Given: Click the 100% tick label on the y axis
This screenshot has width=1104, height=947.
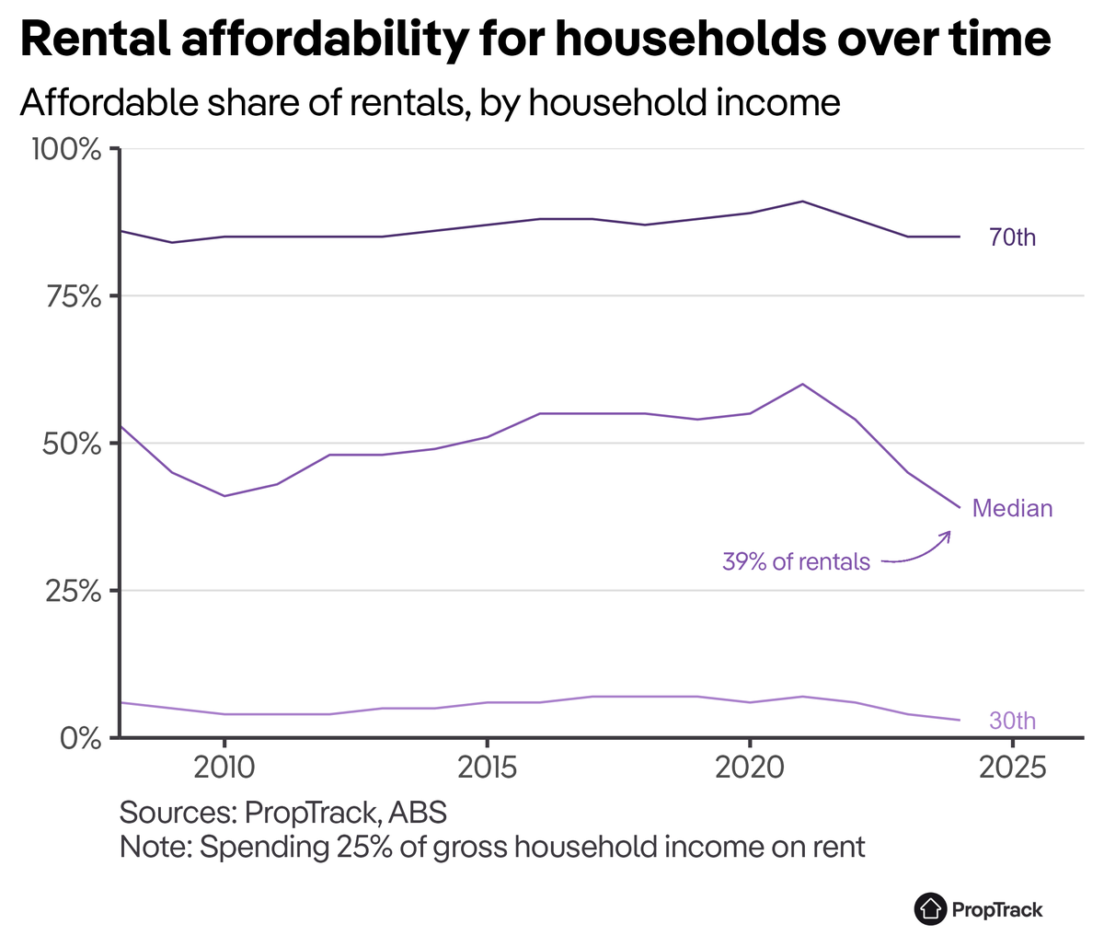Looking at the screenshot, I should point(66,149).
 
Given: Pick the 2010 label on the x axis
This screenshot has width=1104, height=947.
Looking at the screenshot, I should point(224,767).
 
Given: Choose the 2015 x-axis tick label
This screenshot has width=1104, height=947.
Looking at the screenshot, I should point(487,767).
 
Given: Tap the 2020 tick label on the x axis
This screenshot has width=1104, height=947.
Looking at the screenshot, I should point(750,767).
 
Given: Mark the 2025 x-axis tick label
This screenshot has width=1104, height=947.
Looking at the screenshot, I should point(1012,767).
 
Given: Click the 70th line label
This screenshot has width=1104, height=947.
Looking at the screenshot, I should point(1012,237).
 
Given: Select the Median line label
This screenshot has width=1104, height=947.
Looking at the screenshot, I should point(1012,508).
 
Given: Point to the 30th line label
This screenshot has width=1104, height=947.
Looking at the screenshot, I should point(1012,721).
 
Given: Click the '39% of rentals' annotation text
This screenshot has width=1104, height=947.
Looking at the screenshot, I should point(796,561).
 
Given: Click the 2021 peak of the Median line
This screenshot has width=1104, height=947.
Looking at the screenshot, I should point(802,384).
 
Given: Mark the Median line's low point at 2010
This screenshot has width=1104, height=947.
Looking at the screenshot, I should point(224,496).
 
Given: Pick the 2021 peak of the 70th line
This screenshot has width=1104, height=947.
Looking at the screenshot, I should point(802,201).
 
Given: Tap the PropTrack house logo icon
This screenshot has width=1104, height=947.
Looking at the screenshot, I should point(931,909).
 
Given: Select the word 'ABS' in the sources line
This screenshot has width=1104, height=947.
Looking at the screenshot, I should point(418,813).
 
